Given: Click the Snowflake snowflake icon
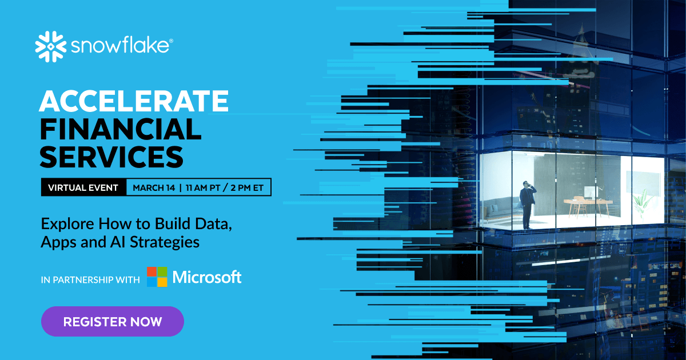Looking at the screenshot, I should (x=51, y=46).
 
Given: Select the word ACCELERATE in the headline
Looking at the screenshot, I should (x=133, y=102).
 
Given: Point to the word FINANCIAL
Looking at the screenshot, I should (x=120, y=130).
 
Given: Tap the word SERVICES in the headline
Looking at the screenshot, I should (x=111, y=156).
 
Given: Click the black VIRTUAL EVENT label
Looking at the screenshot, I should (x=83, y=187).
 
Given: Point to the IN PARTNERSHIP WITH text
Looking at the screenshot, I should (x=90, y=280).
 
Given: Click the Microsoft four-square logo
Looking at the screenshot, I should (x=157, y=277).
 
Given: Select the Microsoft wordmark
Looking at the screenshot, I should (x=207, y=277).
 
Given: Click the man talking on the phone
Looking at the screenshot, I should (x=527, y=203).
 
